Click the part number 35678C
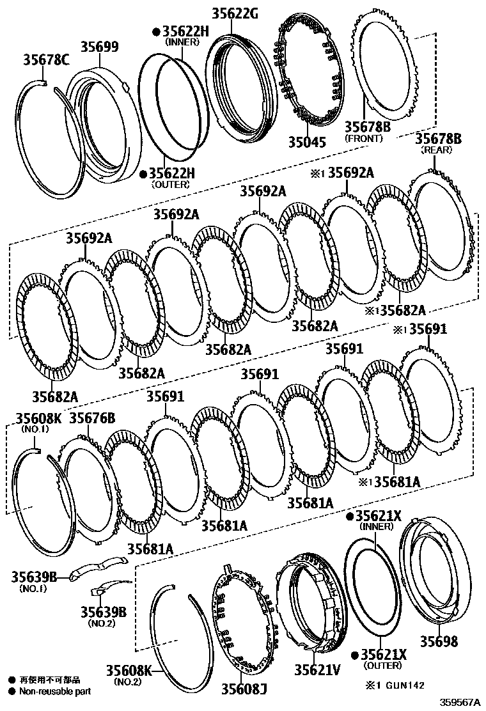point(47,61)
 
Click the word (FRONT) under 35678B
point(363,138)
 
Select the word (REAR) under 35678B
point(436,150)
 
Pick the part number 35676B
point(91,418)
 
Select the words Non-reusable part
point(55,691)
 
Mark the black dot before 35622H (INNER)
point(155,31)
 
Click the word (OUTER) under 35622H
point(170,184)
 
